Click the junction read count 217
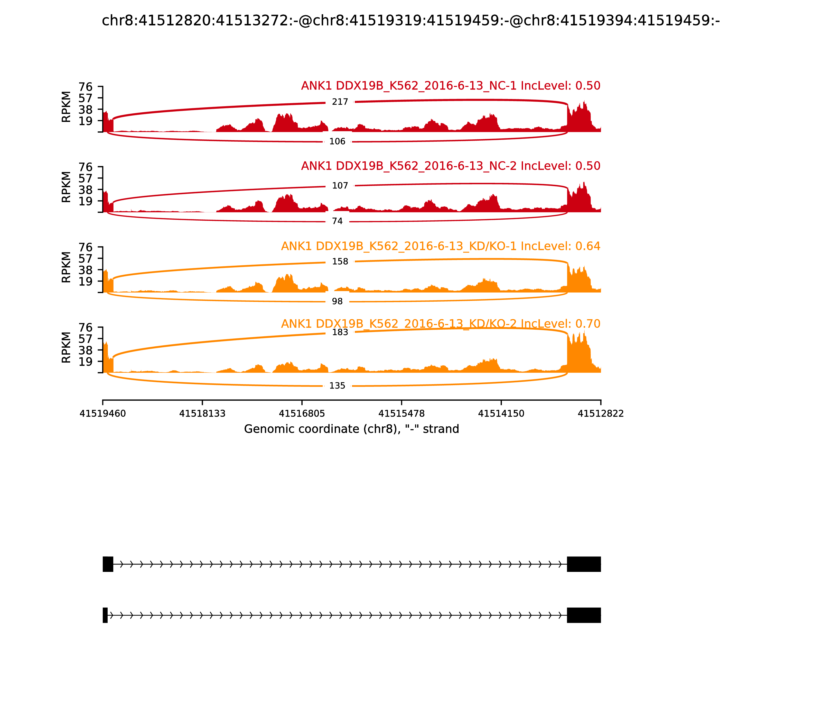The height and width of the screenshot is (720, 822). [340, 102]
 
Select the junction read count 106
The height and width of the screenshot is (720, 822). [337, 141]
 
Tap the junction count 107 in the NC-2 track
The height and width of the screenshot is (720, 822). [340, 186]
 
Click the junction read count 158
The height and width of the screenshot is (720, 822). [340, 262]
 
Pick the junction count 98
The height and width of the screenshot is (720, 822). [337, 301]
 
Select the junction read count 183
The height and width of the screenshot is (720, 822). [340, 332]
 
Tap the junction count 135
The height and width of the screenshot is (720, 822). [337, 386]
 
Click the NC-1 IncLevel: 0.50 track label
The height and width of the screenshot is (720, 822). [450, 86]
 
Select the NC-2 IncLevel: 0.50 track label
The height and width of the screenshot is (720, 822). [450, 166]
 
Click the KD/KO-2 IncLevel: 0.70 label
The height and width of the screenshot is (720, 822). [440, 323]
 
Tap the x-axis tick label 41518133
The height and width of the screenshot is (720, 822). [202, 413]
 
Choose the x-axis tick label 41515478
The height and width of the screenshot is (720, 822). [401, 413]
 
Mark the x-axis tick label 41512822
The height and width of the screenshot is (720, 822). [601, 413]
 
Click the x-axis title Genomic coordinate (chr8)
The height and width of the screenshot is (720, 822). [351, 429]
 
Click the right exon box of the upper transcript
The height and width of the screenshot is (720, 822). [584, 564]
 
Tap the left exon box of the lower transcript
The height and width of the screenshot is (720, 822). [105, 615]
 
